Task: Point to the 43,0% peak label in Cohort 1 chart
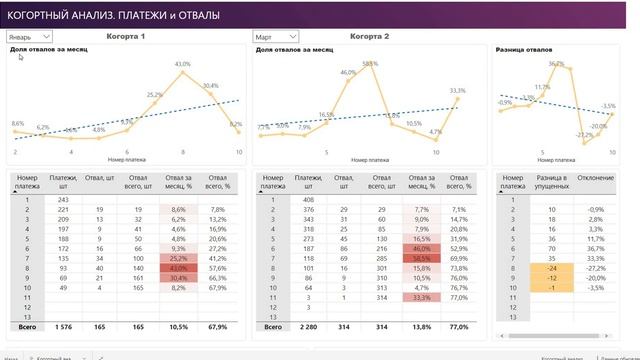(182, 64)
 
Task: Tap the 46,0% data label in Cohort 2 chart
(348, 72)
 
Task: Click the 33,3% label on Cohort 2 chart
(457, 90)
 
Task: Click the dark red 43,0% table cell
(178, 268)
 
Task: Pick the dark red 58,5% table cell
(422, 257)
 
